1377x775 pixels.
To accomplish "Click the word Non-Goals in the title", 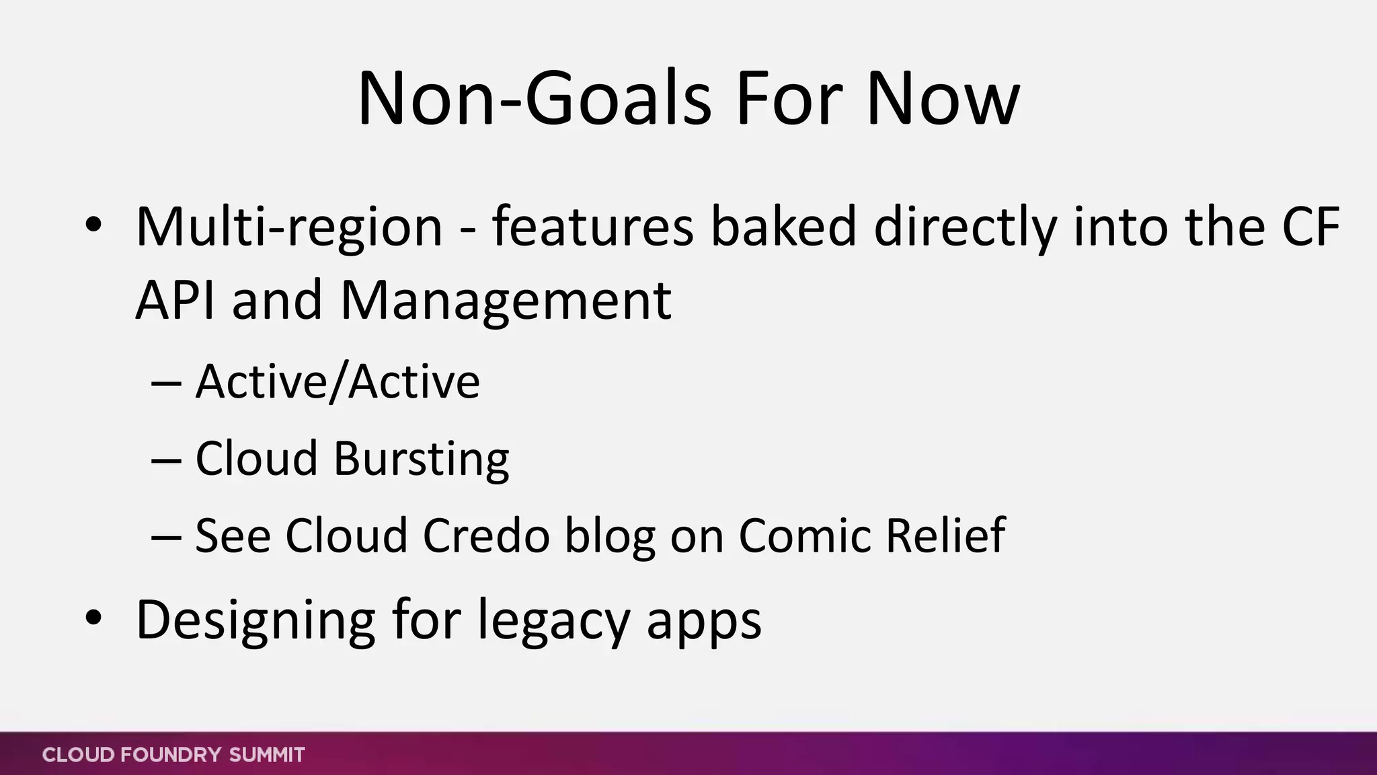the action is pyautogui.click(x=533, y=100).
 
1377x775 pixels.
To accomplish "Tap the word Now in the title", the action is pyautogui.click(x=943, y=100).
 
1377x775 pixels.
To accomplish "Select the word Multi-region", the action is pyautogui.click(x=289, y=227).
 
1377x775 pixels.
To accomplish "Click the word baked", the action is pyautogui.click(x=783, y=226).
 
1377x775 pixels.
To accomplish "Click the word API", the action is pyautogui.click(x=175, y=300).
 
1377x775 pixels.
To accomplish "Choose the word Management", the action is pyautogui.click(x=506, y=301).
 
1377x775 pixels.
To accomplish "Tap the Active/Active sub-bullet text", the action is pyautogui.click(x=338, y=381).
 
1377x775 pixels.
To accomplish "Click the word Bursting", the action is pyautogui.click(x=421, y=459).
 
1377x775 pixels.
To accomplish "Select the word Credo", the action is pyautogui.click(x=486, y=536).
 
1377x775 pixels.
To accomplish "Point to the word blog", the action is pyautogui.click(x=609, y=537).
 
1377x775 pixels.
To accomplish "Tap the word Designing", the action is pyautogui.click(x=255, y=620).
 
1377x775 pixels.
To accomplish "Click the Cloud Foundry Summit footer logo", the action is pyautogui.click(x=173, y=755).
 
